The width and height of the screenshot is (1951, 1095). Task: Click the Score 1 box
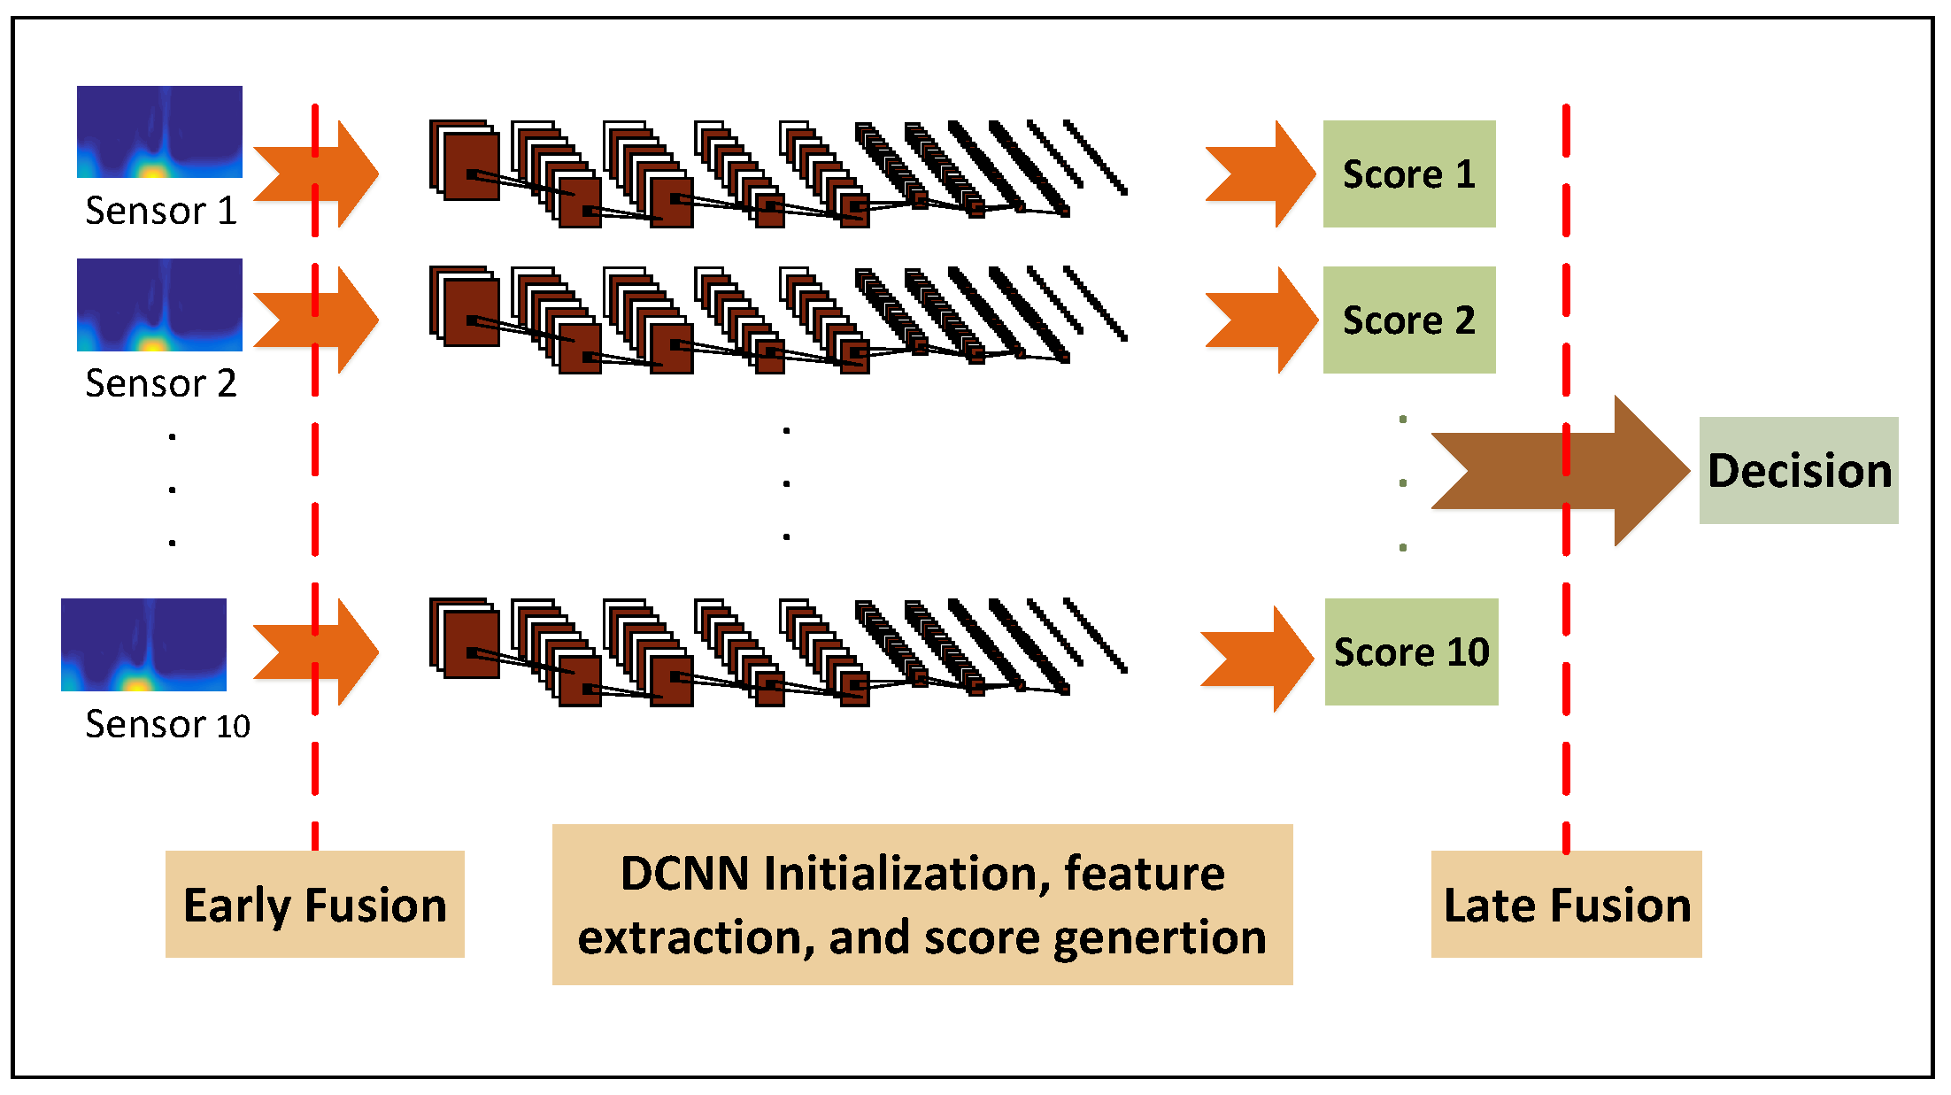point(1408,174)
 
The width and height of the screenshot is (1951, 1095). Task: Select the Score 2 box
point(1408,320)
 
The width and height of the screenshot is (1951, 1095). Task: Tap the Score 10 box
point(1411,652)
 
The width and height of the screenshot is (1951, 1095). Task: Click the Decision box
point(1798,470)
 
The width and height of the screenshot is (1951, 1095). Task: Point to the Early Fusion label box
point(314,904)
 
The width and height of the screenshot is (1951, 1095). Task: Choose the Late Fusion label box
point(1566,904)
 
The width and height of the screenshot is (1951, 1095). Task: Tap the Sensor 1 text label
point(161,211)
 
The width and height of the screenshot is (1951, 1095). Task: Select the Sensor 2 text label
point(161,383)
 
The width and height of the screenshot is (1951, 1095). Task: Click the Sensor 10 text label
point(167,725)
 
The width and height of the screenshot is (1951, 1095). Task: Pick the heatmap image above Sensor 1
point(159,132)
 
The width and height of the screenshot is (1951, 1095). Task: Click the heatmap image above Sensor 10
point(143,644)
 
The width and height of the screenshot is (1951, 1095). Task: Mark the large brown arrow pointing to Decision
point(1558,470)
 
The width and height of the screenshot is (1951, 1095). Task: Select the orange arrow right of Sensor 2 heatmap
point(316,320)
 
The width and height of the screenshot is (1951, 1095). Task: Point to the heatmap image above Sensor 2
point(159,305)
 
